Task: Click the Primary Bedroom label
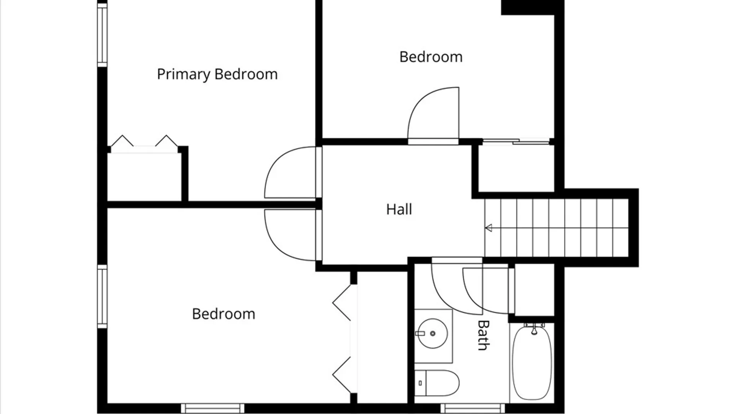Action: pyautogui.click(x=217, y=74)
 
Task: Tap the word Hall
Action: pyautogui.click(x=399, y=209)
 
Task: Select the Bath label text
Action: pyautogui.click(x=483, y=335)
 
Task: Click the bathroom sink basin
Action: pyautogui.click(x=432, y=333)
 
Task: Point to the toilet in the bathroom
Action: pyautogui.click(x=437, y=383)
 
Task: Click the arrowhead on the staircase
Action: pyautogui.click(x=488, y=228)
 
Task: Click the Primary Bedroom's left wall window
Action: pyautogui.click(x=102, y=34)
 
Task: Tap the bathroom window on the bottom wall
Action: pyautogui.click(x=472, y=408)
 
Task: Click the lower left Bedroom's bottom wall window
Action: pyautogui.click(x=212, y=408)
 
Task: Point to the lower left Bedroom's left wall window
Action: pyautogui.click(x=102, y=296)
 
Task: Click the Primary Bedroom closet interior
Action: pyautogui.click(x=144, y=177)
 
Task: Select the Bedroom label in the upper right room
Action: pyautogui.click(x=431, y=57)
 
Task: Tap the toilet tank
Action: pyautogui.click(x=420, y=383)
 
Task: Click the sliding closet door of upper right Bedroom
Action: pyautogui.click(x=516, y=141)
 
